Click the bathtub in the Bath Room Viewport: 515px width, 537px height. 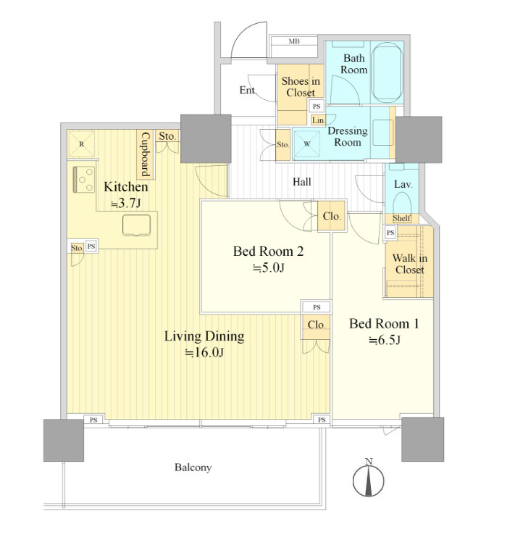coord(387,72)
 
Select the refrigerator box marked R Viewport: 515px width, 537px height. coord(81,144)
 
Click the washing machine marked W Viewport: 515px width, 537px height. coord(306,144)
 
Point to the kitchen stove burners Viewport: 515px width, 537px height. coord(84,179)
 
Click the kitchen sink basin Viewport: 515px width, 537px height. coord(136,225)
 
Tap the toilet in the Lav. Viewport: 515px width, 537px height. coord(402,204)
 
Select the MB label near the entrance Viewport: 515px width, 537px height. coord(294,41)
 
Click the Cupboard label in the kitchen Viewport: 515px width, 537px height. coord(146,154)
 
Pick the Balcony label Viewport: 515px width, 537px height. coord(193,467)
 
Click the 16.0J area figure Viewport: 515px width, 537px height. coord(204,352)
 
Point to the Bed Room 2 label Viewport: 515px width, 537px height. coord(268,251)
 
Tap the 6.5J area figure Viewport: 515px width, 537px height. coord(385,340)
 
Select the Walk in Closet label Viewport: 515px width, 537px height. coord(409,264)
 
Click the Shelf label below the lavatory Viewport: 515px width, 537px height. coord(401,218)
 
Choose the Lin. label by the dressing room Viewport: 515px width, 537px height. coord(318,120)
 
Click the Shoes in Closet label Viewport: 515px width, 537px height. coord(301,87)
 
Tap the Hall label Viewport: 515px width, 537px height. coord(302,181)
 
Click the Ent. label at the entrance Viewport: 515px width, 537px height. coord(248,90)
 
